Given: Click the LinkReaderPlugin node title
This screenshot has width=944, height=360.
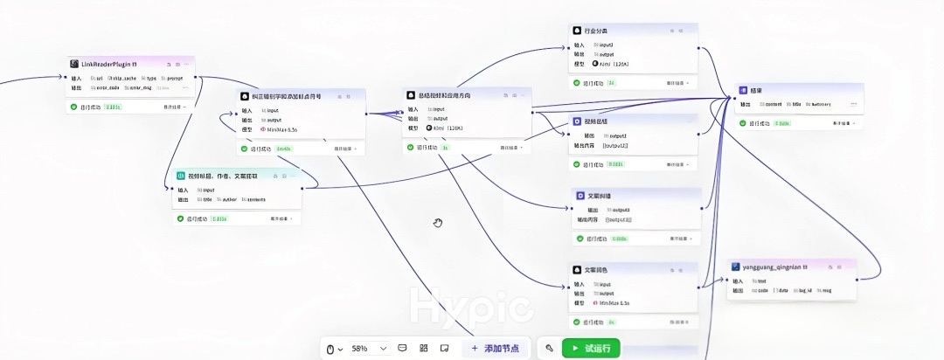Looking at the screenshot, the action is (x=109, y=64).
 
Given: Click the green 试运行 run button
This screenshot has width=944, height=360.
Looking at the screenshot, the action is (x=591, y=348).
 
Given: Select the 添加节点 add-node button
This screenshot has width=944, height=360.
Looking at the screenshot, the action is (x=495, y=348).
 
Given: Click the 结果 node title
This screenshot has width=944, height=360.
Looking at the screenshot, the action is (x=756, y=90).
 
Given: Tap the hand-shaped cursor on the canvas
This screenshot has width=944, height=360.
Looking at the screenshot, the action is (x=438, y=223).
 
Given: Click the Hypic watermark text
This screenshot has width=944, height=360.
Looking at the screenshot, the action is (x=471, y=308).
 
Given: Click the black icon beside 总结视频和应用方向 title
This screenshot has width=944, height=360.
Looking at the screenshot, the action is (x=409, y=94).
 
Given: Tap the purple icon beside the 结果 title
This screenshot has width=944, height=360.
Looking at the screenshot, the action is (x=743, y=90).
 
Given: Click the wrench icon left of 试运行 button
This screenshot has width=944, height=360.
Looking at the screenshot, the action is (x=549, y=348).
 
